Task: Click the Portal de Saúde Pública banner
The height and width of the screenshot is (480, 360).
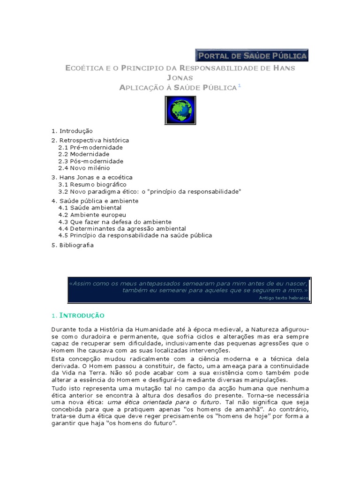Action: coord(252,56)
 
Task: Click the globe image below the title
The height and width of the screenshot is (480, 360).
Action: coord(180,110)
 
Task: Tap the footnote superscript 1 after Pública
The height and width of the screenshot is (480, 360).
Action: coord(239,85)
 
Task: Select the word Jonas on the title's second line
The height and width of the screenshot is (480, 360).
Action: coord(180,77)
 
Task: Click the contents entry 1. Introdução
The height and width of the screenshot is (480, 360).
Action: coord(72,131)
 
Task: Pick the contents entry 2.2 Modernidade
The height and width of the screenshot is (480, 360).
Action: coord(83,154)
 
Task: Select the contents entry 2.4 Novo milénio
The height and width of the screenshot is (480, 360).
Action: coord(84,168)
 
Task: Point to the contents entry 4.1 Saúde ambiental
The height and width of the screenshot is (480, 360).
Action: coord(90,208)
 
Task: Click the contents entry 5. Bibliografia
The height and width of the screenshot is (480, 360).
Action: coord(73,245)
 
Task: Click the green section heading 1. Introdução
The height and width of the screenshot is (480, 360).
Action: coord(78,315)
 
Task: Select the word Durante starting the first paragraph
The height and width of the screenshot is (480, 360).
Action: coord(63,330)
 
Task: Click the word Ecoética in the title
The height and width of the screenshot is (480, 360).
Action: coord(83,68)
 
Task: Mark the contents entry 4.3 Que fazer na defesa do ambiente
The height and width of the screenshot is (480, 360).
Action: coord(115,222)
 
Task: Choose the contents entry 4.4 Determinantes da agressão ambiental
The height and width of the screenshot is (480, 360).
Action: coord(122,228)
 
